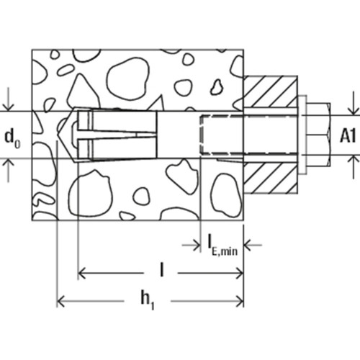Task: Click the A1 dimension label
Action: pos(348,137)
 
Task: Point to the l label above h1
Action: pos(162,271)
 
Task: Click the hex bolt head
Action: pos(319,135)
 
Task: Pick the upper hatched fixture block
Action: pos(271,91)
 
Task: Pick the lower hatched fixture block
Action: pos(271,178)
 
